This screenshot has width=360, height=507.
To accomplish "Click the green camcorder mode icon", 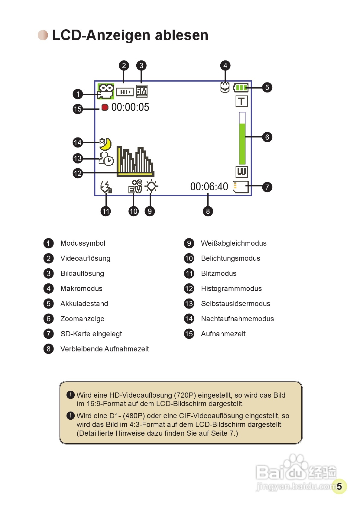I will [x=105, y=91].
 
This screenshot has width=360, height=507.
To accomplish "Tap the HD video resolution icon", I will [x=125, y=92].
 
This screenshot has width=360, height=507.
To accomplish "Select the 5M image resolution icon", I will [x=141, y=91].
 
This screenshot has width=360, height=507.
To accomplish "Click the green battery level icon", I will [x=241, y=88].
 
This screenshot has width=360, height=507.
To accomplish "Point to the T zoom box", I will [x=242, y=101].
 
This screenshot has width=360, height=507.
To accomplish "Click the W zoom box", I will [x=242, y=172].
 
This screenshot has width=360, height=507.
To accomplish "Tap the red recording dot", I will [x=105, y=107].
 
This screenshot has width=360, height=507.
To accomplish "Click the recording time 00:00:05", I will [x=130, y=107].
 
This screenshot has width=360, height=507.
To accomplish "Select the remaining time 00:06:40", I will [x=209, y=187].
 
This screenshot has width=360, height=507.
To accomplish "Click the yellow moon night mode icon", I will [x=105, y=144].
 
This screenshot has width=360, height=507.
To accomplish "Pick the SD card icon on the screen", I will [x=241, y=187].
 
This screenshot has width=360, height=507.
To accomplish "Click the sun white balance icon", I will [x=151, y=186].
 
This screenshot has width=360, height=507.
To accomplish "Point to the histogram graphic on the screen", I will [x=135, y=161].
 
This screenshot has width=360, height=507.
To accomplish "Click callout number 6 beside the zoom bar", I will [x=267, y=137].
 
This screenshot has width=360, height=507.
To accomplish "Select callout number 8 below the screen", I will [x=208, y=211].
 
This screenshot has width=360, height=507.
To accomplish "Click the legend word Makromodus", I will [x=81, y=289].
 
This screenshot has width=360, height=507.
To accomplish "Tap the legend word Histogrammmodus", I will [x=231, y=289].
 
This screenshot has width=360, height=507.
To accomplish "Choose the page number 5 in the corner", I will [x=339, y=486].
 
